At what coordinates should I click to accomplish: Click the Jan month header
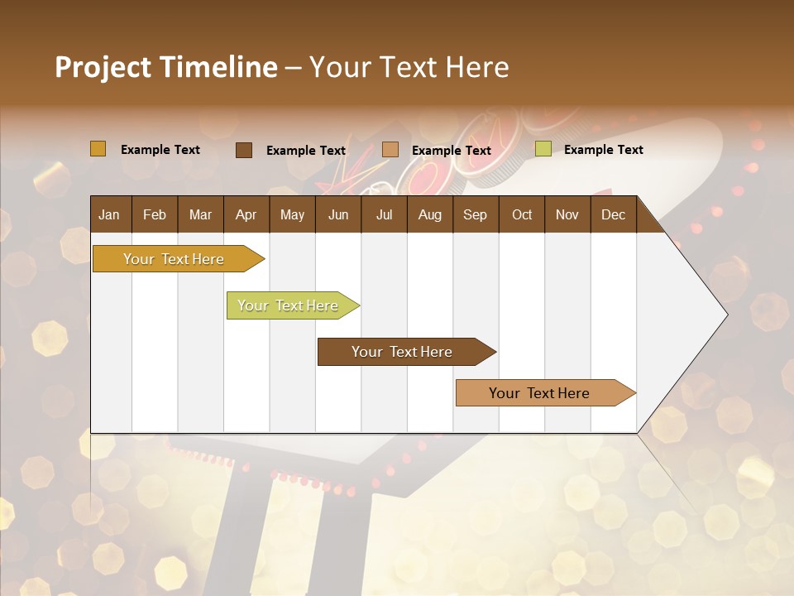pyautogui.click(x=109, y=214)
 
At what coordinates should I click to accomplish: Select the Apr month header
pyautogui.click(x=246, y=214)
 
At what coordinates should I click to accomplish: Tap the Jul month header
pyautogui.click(x=384, y=214)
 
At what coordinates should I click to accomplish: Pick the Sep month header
pyautogui.click(x=475, y=214)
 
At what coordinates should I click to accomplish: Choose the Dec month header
pyautogui.click(x=613, y=214)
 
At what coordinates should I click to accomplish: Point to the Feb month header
pyautogui.click(x=155, y=214)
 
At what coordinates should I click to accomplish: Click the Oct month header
pyautogui.click(x=522, y=214)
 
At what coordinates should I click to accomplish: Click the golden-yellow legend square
pyautogui.click(x=98, y=149)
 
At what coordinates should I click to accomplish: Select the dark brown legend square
pyautogui.click(x=244, y=150)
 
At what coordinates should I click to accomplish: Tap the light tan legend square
pyautogui.click(x=390, y=150)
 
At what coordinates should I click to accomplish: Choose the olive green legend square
pyautogui.click(x=543, y=149)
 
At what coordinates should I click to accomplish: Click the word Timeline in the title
pyautogui.click(x=218, y=67)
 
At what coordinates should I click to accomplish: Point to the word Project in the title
pyautogui.click(x=103, y=67)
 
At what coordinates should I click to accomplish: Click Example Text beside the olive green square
pyautogui.click(x=603, y=149)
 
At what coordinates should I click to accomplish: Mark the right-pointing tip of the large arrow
pyautogui.click(x=725, y=315)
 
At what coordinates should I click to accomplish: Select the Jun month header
pyautogui.click(x=338, y=214)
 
